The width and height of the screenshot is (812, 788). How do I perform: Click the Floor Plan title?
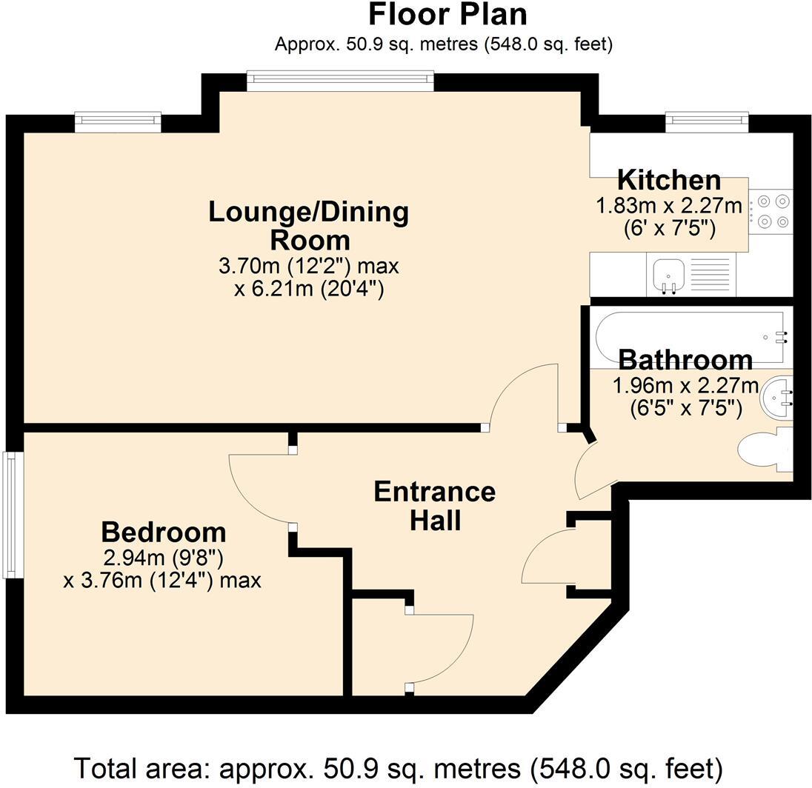point(447,15)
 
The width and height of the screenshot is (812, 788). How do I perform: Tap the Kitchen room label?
point(669,180)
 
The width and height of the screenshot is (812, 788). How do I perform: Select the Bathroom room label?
point(685,360)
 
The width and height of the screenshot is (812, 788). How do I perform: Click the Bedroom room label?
point(164,532)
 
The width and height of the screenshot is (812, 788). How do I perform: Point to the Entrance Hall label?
point(435,507)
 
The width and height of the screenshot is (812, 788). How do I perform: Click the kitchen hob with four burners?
point(771,211)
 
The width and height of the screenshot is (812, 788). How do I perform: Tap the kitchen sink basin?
point(668,275)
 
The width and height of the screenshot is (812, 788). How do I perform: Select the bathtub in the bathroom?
point(692,338)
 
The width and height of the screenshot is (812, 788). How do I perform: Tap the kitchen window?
point(707,121)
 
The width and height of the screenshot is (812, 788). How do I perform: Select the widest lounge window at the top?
point(340,80)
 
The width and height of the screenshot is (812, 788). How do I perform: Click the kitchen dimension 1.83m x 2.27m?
point(669,206)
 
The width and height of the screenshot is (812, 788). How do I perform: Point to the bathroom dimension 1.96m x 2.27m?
point(685,386)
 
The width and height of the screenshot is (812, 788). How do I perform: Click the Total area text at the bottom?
point(399,768)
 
